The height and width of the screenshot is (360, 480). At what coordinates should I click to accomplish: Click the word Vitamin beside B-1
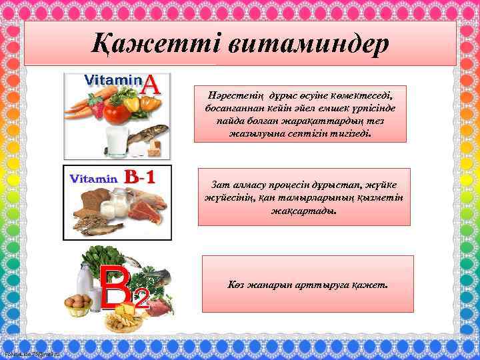point(94,179)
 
